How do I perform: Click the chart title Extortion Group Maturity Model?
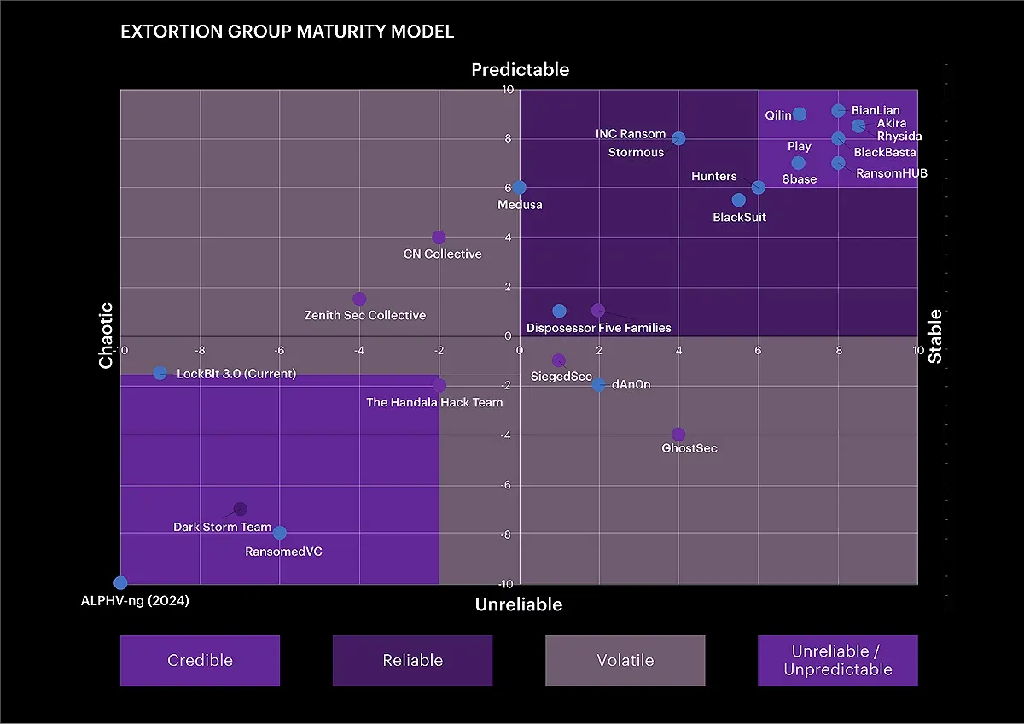tap(287, 32)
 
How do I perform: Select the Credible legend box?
tap(200, 660)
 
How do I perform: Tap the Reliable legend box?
tap(412, 660)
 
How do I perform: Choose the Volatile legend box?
tap(625, 660)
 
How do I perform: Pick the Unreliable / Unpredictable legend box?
tap(837, 660)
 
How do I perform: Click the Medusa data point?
tap(519, 187)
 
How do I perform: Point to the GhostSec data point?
tap(678, 435)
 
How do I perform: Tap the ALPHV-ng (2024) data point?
tap(120, 582)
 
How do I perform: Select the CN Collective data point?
tap(439, 237)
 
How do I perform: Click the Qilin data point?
tap(799, 114)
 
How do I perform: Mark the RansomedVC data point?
tap(280, 533)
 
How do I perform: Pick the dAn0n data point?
tap(599, 385)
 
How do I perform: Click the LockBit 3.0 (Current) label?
tap(236, 373)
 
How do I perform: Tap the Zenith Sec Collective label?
tap(364, 315)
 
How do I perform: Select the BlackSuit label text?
tap(739, 217)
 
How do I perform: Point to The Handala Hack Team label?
tap(434, 402)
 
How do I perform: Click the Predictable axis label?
tap(520, 70)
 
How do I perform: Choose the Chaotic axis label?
tap(106, 336)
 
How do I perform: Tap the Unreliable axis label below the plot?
tap(519, 604)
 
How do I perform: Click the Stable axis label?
tap(935, 336)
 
